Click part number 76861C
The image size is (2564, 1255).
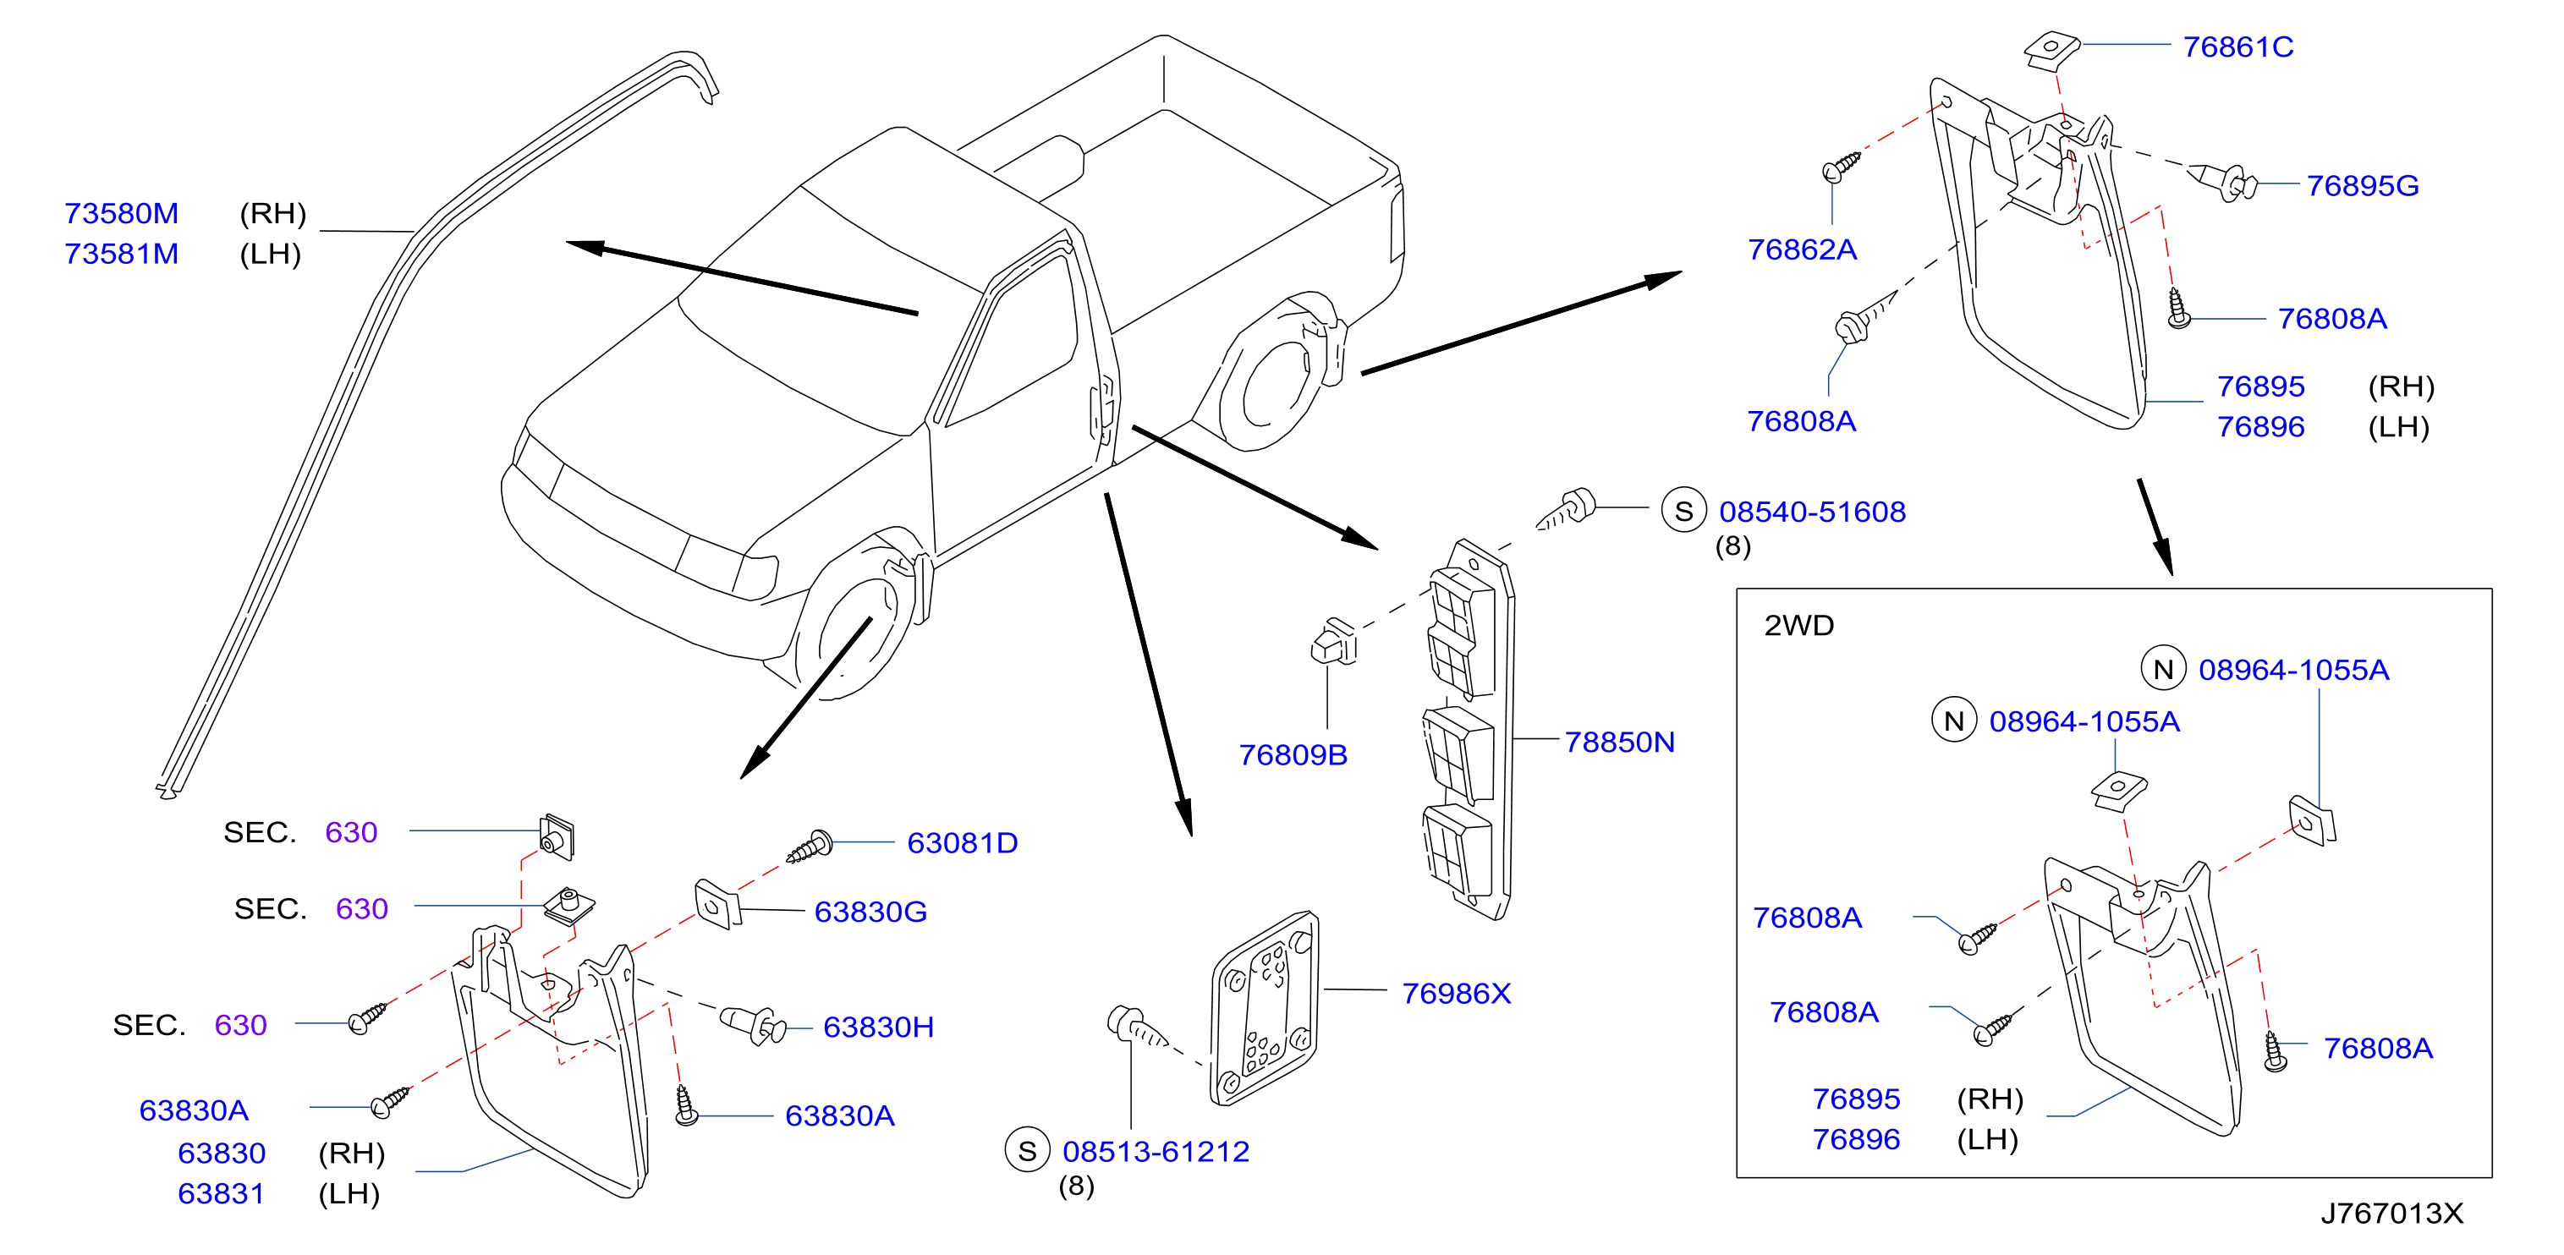[x=2237, y=47]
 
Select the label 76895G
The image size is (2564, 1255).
[x=2362, y=185]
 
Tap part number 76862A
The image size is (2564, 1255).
[x=1802, y=249]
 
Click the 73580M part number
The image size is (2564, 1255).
[x=122, y=213]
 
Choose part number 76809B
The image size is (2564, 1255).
[x=1293, y=754]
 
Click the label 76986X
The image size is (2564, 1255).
[x=1456, y=992]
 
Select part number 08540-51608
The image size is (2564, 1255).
[x=1813, y=512]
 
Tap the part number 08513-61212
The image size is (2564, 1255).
[x=1156, y=1152]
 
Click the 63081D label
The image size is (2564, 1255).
[x=963, y=843]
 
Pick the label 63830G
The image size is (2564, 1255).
[x=871, y=912]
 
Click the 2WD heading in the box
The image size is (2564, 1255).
[x=1798, y=625]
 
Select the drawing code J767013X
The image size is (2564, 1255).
[x=2391, y=1214]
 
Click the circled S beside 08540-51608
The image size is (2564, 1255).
[x=1684, y=511]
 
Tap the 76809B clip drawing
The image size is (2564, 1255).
[x=1334, y=641]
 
